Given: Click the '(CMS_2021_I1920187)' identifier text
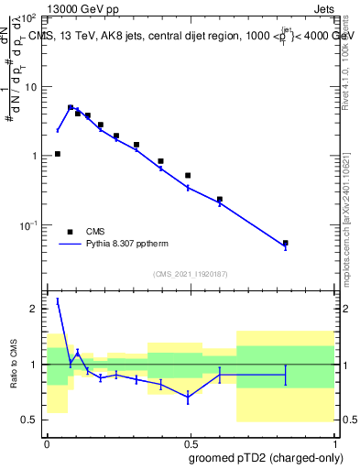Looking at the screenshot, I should (190, 274).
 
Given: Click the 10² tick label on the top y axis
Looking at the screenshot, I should (29, 18).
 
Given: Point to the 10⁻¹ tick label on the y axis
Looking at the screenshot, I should (29, 225).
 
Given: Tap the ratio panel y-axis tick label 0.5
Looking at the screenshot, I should (33, 420).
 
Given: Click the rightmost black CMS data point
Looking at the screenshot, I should (286, 243).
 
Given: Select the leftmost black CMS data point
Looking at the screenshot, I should (58, 154).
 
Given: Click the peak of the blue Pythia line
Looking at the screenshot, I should (71, 107).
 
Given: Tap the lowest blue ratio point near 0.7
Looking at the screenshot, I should (188, 398).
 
